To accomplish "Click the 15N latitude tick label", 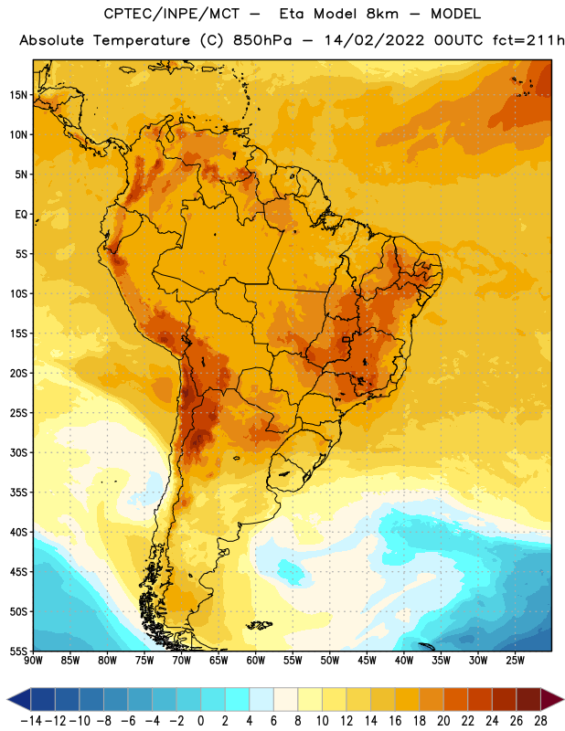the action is tap(18, 95).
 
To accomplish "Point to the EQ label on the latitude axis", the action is tap(21, 215).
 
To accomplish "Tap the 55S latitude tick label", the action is tap(18, 651).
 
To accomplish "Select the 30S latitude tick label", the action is tap(18, 452).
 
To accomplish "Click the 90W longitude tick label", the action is tap(34, 660).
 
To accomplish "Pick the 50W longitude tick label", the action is tap(330, 660).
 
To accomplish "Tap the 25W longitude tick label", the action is tap(515, 660).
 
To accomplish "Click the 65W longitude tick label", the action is tap(219, 660).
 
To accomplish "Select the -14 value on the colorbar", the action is tap(31, 721).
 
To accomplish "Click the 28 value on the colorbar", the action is tap(540, 721).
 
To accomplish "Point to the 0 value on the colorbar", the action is tap(201, 721).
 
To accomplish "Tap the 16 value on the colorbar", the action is tap(395, 721).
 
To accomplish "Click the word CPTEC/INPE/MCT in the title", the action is tap(172, 14).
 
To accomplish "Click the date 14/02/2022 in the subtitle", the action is tap(374, 40).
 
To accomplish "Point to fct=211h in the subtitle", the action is tap(528, 40).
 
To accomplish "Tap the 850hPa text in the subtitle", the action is tap(262, 40).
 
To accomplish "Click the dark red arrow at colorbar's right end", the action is tap(553, 699).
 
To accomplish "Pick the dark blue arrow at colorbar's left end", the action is tap(19, 699).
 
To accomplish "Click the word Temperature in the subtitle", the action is tap(142, 41).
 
